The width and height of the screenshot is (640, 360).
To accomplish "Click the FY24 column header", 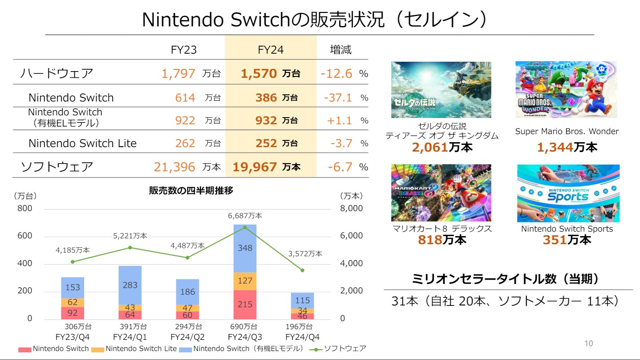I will [270, 49].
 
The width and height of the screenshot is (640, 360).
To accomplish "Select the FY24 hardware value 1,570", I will [259, 74].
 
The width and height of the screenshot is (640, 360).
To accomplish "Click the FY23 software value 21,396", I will [175, 167].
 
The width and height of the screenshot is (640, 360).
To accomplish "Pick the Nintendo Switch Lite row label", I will [82, 143].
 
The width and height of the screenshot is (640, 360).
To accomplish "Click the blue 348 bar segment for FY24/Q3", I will [245, 248].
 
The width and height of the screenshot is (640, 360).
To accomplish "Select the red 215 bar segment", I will [245, 304].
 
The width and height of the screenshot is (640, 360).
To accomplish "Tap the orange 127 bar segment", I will [245, 281].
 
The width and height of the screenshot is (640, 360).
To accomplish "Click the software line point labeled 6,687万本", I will [245, 227].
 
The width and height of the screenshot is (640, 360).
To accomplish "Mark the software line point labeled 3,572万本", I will [302, 270].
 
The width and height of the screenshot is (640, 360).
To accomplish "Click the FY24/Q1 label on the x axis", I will [130, 337].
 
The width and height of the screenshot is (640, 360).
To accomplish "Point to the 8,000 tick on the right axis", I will [351, 208].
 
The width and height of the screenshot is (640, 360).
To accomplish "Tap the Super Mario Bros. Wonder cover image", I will [566, 90].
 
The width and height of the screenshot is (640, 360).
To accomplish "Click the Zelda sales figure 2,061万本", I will [442, 147].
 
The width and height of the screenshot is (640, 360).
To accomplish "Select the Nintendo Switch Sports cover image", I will [568, 193].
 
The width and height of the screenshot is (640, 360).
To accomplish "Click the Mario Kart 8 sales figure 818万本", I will [442, 240].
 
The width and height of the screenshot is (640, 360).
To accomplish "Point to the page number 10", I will [589, 343].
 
